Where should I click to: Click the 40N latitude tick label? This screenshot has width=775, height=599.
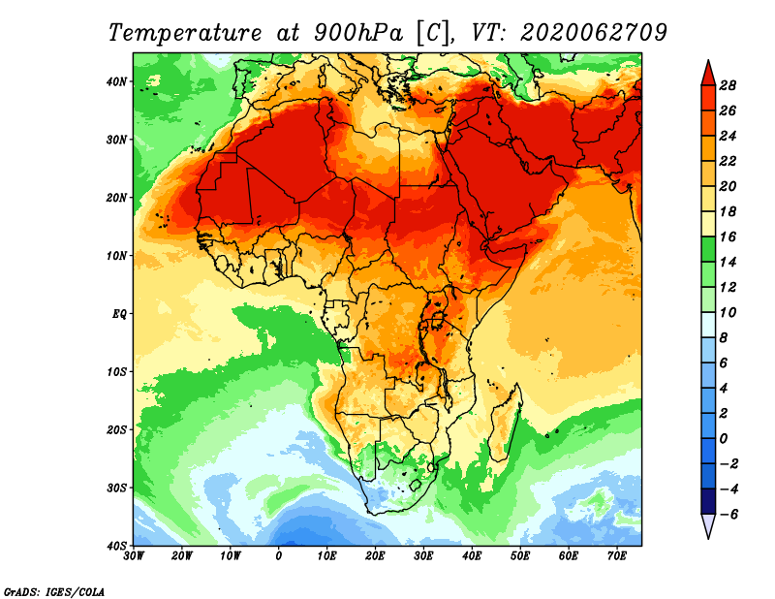[x=115, y=81]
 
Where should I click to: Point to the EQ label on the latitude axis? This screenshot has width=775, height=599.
[x=119, y=314]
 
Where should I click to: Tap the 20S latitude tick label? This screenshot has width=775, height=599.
[x=115, y=429]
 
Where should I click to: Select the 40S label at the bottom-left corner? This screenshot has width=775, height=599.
[x=115, y=546]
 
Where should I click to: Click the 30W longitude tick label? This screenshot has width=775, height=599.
[x=134, y=556]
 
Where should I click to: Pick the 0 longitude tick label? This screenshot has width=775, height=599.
[x=279, y=556]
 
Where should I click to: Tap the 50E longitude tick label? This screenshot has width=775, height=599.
[x=520, y=556]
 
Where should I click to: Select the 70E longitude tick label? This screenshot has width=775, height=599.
[x=616, y=556]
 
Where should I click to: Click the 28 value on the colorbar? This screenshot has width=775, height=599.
[x=728, y=85]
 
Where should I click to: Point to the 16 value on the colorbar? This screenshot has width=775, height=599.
[x=728, y=236]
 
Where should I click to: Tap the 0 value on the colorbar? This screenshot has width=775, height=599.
[x=724, y=439]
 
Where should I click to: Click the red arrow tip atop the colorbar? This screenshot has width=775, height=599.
[x=708, y=61]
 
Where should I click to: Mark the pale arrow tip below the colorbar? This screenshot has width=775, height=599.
[x=708, y=538]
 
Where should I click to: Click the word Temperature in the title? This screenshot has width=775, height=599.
[x=185, y=33]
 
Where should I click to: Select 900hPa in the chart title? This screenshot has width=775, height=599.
[x=357, y=33]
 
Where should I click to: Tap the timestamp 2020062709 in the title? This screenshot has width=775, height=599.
[x=594, y=33]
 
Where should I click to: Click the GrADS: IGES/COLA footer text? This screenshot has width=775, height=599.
[x=54, y=591]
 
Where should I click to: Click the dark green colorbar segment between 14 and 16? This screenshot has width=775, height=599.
[x=708, y=249]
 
